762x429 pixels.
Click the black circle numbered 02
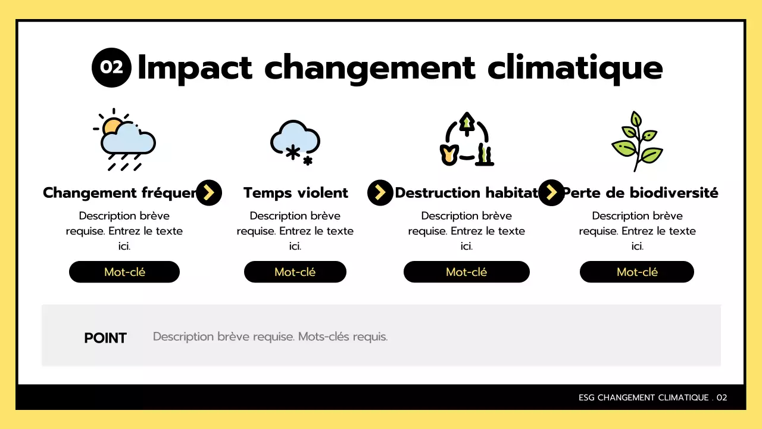(111, 67)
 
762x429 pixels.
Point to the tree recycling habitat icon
(467, 141)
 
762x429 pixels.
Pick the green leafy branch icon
(637, 141)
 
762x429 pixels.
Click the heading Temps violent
(295, 193)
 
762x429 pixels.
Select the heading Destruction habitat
(466, 193)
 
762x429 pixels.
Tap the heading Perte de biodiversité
(641, 193)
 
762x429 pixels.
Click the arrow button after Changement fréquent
(209, 192)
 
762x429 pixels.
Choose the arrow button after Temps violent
(380, 192)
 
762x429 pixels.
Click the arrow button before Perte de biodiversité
(551, 192)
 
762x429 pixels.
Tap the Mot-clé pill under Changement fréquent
(124, 272)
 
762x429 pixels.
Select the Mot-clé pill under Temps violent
(295, 272)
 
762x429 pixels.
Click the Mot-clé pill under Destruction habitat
(466, 272)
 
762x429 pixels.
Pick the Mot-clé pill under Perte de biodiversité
(637, 272)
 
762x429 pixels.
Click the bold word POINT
(105, 338)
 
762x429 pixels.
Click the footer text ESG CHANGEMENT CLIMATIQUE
(644, 397)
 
